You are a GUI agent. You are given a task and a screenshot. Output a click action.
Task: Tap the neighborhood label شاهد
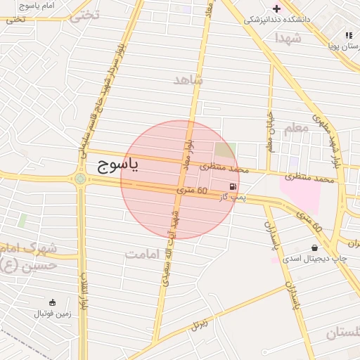tap(188, 79)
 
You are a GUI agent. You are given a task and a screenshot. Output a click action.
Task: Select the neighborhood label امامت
tap(146, 254)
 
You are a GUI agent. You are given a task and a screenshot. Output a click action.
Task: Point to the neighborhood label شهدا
tap(288, 37)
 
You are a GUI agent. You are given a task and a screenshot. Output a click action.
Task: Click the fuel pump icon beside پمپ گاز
tap(232, 186)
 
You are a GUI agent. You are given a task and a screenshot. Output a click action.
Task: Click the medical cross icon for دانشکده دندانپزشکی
tap(276, 8)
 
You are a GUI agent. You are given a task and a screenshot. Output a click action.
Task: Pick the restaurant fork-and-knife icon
tap(348, 35)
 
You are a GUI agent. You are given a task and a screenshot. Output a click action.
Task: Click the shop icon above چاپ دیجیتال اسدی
tap(314, 247)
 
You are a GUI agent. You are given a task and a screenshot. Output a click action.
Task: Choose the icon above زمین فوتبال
tap(53, 302)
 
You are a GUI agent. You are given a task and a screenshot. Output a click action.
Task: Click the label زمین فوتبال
tap(54, 314)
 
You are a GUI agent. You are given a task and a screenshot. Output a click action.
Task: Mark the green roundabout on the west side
tap(81, 179)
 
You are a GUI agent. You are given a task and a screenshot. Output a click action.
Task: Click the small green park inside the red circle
tap(225, 150)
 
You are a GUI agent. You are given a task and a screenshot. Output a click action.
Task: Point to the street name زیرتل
tap(200, 326)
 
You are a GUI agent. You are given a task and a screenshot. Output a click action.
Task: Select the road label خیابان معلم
tap(269, 131)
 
